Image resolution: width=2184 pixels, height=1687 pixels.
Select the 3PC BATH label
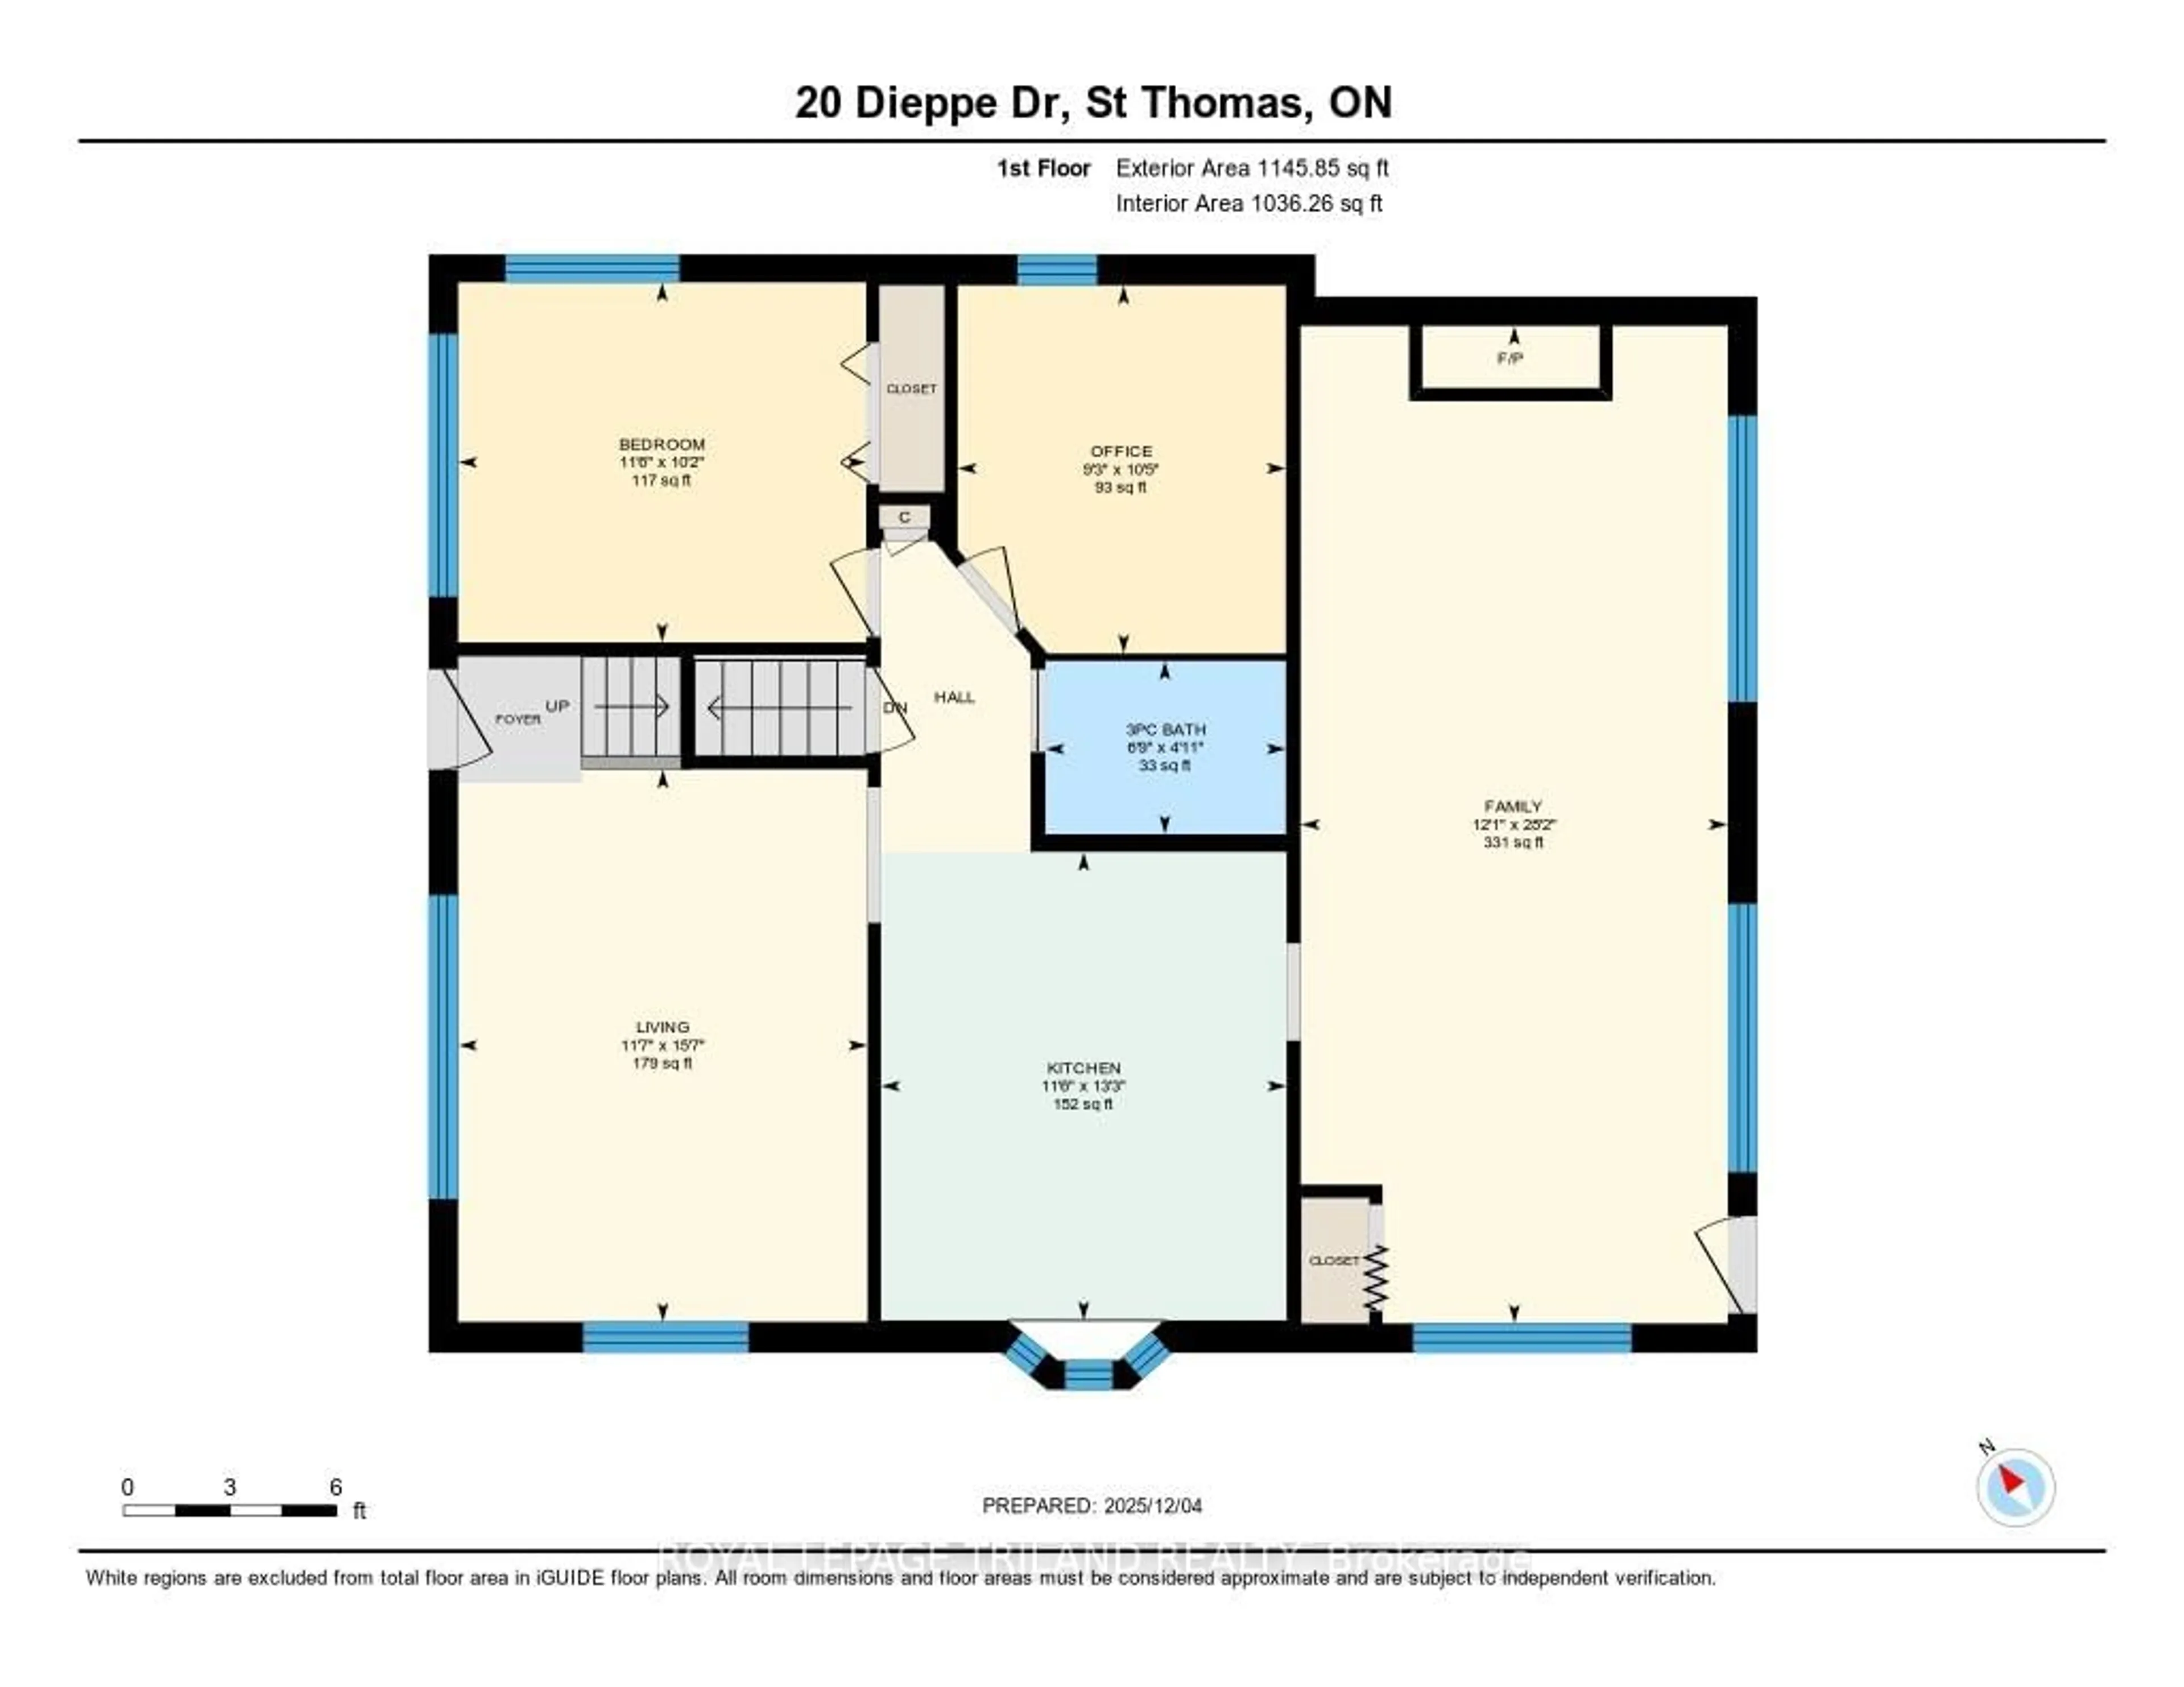1165,730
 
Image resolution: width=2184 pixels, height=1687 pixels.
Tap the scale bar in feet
230,1510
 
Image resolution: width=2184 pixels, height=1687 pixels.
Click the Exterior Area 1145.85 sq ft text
1252,168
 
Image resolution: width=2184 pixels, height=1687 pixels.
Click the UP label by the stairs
557,706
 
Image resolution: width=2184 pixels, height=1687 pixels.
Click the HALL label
954,697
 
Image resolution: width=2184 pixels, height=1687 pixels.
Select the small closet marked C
904,517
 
